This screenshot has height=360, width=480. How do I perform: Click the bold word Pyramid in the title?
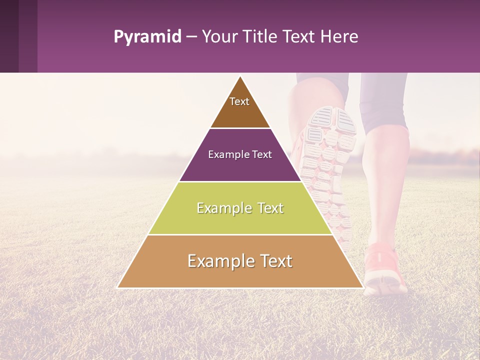click(x=147, y=37)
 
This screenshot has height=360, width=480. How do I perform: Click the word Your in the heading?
click(x=219, y=37)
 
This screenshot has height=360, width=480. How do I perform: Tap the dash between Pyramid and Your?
click(x=191, y=37)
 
